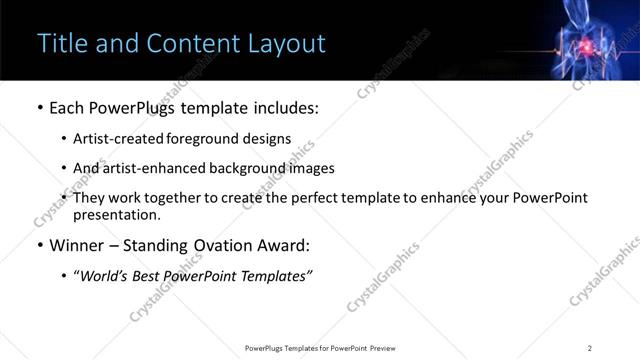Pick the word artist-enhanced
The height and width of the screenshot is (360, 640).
point(148,169)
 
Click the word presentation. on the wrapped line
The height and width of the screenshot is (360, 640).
point(117,214)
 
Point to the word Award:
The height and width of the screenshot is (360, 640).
point(283,245)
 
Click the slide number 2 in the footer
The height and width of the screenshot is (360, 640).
point(590,347)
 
